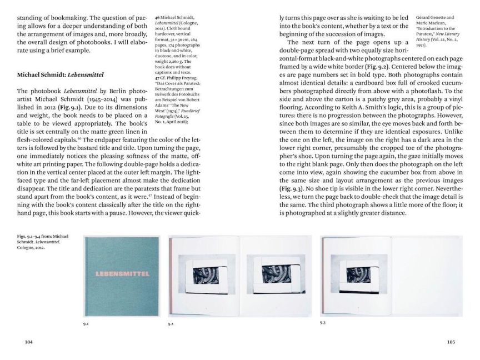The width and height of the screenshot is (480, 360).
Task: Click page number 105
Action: coord(451,342)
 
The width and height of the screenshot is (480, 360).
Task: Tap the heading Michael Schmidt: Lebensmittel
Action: coord(61,74)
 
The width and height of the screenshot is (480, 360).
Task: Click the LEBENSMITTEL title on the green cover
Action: coord(121,273)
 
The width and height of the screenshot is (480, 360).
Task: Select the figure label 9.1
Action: coord(86,323)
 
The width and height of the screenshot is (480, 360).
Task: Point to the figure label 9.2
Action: coord(171,323)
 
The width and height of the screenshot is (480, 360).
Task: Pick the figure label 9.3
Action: coord(323,322)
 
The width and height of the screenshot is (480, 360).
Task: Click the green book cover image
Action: coord(121,276)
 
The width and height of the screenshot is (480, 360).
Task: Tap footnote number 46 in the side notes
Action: coord(158,18)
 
